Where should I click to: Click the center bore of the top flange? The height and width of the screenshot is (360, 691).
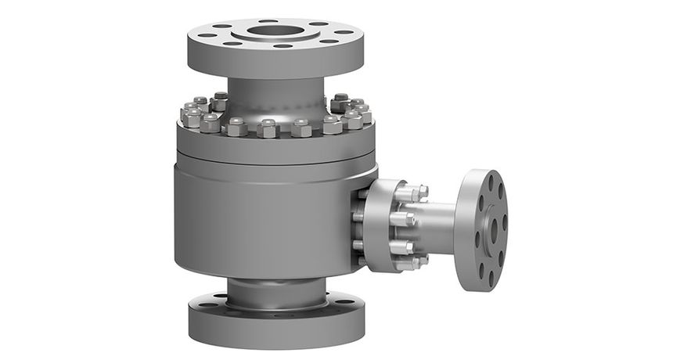(x=275, y=31)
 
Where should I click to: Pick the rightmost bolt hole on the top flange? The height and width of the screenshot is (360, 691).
(x=344, y=32)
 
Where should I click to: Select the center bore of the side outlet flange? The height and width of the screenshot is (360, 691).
(x=492, y=229)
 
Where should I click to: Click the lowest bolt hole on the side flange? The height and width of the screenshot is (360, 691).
(x=491, y=275)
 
